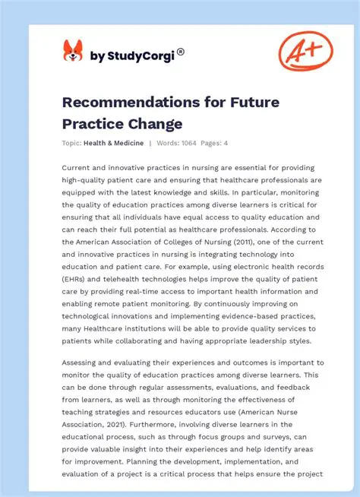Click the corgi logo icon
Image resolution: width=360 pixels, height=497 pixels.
pyautogui.click(x=72, y=52)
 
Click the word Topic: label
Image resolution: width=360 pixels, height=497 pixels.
pyautogui.click(x=73, y=142)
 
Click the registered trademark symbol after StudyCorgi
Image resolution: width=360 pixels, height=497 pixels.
pyautogui.click(x=180, y=51)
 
